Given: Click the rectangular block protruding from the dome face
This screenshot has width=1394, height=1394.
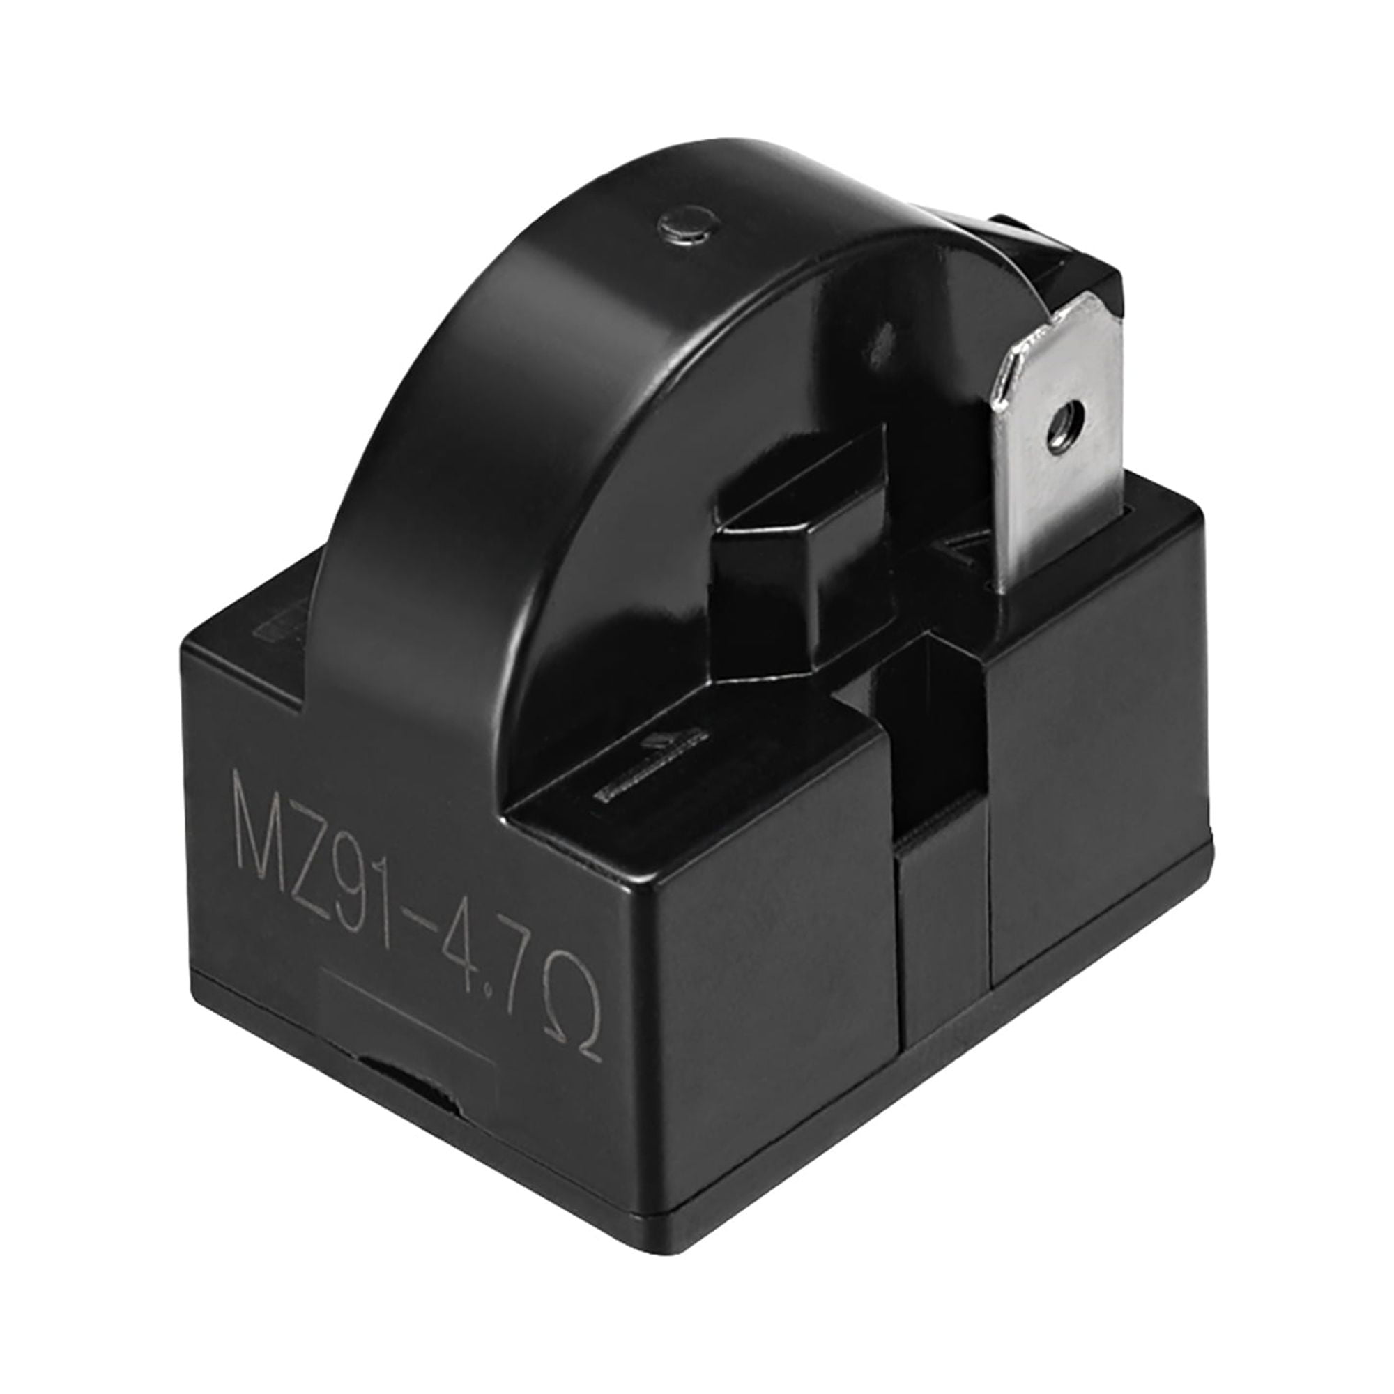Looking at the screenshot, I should (x=801, y=549).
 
